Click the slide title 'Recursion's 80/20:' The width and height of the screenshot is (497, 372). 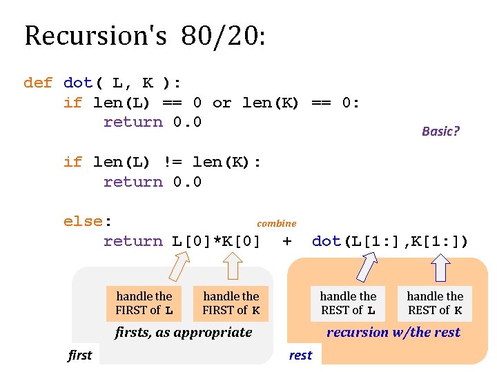pos(144,36)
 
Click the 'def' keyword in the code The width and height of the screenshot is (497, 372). pos(37,83)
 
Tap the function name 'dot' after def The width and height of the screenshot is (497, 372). pos(78,83)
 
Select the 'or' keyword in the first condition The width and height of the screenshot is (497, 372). pos(222,103)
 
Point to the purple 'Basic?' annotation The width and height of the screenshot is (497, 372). pos(440,131)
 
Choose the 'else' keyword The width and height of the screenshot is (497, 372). pos(83,222)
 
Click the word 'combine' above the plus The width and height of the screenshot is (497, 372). pos(276,223)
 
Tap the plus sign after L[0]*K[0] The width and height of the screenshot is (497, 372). pos(287,241)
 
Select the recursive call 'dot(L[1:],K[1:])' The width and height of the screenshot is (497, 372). pos(390,241)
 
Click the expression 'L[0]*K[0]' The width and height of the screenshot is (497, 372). pos(216,242)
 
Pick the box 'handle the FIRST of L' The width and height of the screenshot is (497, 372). pos(144,303)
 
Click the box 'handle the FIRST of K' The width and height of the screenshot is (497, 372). pos(231,303)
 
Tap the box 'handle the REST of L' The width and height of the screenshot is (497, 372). pos(348,303)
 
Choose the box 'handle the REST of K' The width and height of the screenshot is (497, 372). pos(435,303)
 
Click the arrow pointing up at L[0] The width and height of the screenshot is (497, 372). pos(181,265)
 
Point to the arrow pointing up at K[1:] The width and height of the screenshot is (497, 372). pos(440,268)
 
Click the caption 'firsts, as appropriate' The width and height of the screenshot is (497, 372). pos(183,333)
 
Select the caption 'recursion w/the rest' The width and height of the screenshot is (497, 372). pos(393,332)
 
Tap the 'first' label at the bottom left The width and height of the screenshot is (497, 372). pos(79,355)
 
